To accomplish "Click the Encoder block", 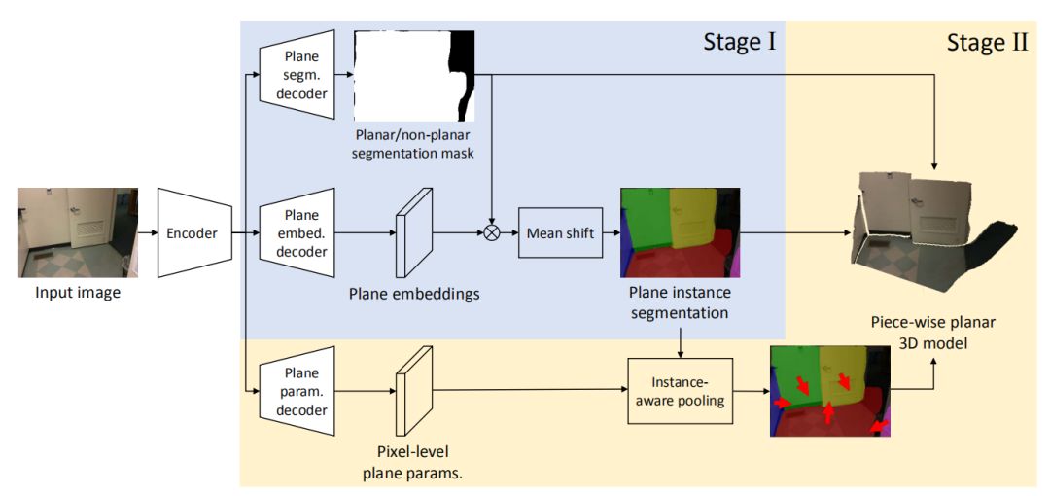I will (x=192, y=233).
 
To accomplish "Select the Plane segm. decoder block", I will (x=298, y=73).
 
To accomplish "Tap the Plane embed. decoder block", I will (x=298, y=233).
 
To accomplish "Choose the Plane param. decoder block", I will (x=298, y=390).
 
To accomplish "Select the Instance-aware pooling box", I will (x=680, y=390).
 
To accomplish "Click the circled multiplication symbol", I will (x=492, y=233).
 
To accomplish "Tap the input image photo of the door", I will (x=78, y=232).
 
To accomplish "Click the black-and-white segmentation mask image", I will (x=416, y=75).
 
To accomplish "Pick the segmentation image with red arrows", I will (x=830, y=390).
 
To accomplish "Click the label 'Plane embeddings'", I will (x=414, y=293).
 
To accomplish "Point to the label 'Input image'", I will (x=78, y=291).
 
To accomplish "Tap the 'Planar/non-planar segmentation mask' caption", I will (x=416, y=143).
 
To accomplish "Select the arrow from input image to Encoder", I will (x=147, y=233).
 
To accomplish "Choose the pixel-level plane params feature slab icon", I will (x=411, y=391).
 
